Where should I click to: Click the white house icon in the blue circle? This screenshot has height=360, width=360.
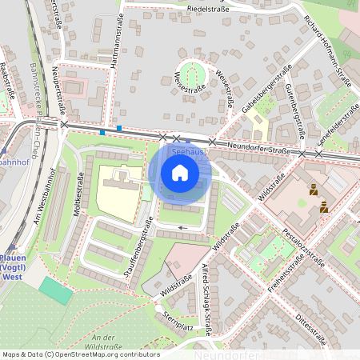179,173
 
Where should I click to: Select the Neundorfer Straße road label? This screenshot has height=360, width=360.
257,148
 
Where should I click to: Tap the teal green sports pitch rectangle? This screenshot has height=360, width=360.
55,290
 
